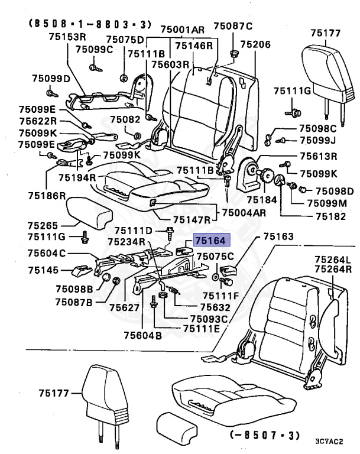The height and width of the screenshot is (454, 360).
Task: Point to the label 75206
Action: [x=255, y=44]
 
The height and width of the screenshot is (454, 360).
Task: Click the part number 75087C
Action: [x=233, y=26]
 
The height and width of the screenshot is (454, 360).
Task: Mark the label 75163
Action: [x=278, y=237]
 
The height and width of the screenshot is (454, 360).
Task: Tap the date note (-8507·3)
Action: [x=258, y=436]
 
